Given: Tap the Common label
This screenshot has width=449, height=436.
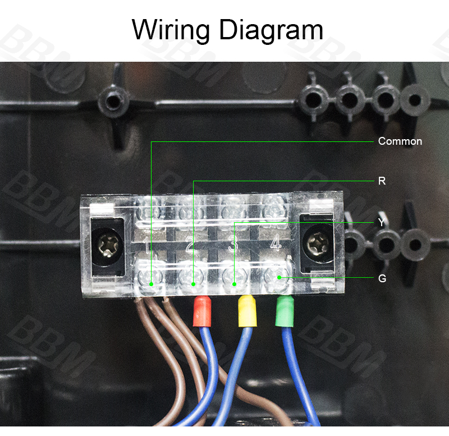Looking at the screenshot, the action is tap(400, 141).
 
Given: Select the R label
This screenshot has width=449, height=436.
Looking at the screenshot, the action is tap(382, 181).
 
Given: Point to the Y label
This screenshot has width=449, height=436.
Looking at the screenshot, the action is tap(382, 222).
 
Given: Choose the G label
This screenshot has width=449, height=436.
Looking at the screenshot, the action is tap(382, 278).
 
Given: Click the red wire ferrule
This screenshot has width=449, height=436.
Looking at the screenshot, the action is tap(202, 311).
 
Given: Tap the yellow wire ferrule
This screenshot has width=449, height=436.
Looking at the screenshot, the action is tap(247, 311).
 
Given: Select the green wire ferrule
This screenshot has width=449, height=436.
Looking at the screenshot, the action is tap(285, 311).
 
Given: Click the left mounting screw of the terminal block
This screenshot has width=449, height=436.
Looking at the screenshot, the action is tap(108, 246).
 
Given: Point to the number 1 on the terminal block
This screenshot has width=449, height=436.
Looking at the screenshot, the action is tap(146, 245).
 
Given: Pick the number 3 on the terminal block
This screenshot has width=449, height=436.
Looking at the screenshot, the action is tap(233, 245).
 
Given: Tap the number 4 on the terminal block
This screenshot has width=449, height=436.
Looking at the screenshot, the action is tap(276, 244).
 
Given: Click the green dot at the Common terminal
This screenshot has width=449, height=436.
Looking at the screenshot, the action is tap(151, 284).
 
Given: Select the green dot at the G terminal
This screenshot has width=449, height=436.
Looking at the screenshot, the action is tap(279, 277).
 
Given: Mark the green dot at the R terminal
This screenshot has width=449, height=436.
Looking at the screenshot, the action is tap(193, 284).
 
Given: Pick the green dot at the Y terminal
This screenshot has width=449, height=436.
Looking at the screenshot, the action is tap(234, 284).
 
